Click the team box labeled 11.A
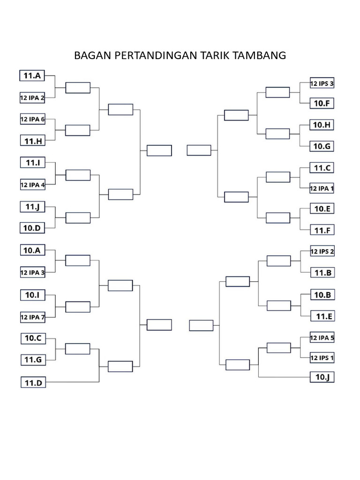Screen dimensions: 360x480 tap(32, 75)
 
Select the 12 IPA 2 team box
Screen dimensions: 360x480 tap(32, 98)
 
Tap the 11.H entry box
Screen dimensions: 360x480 tap(33, 141)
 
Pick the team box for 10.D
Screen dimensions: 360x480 tap(32, 228)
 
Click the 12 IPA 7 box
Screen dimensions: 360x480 tap(33, 317)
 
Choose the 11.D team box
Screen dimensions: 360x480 tap(33, 382)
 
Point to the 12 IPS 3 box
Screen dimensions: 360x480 tap(322, 83)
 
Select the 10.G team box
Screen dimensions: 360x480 tap(322, 146)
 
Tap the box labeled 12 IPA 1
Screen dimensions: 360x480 tap(322, 188)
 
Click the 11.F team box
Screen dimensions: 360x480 tap(322, 230)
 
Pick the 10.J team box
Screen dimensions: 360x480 tap(322, 377)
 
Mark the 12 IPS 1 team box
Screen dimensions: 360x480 tap(322, 358)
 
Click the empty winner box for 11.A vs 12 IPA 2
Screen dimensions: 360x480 tap(78, 88)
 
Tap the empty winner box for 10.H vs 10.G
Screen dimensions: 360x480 tap(277, 134)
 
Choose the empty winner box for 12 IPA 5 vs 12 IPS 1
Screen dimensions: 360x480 tap(278, 348)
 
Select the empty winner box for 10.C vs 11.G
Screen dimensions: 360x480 tap(78, 349)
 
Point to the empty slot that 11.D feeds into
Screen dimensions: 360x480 tap(120, 367)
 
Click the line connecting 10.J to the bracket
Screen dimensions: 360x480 tap(285, 377)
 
